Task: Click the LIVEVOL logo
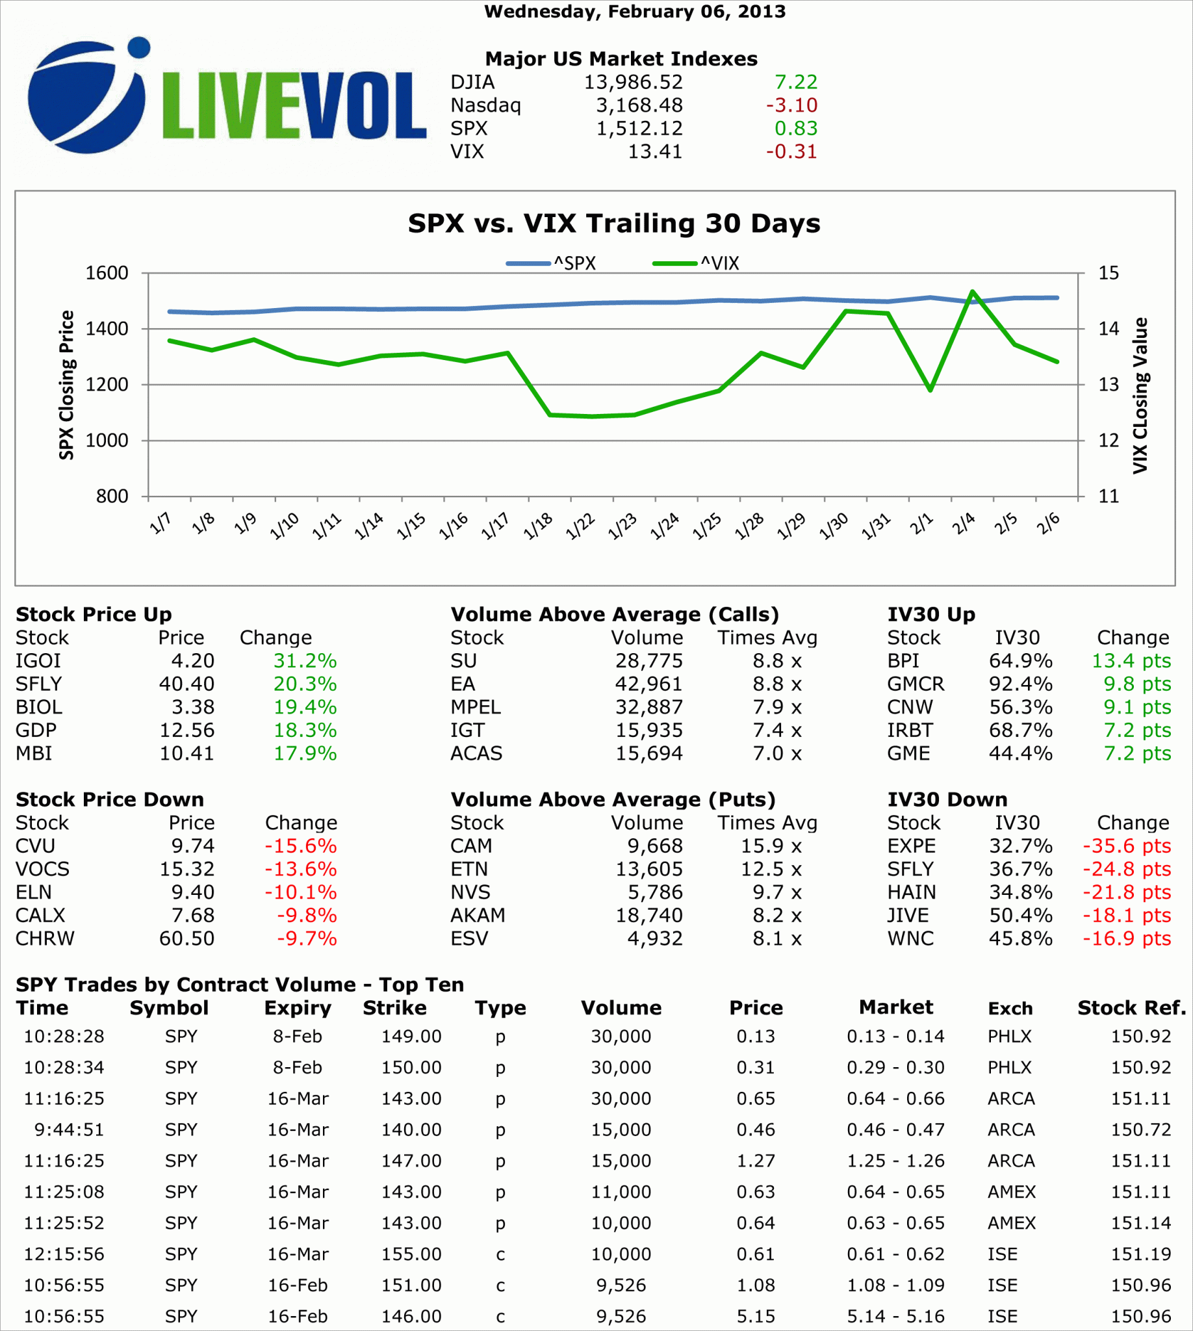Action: click(226, 97)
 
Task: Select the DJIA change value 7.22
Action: click(796, 82)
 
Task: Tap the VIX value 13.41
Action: click(655, 151)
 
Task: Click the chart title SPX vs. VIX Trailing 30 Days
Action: click(613, 224)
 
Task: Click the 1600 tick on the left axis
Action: click(107, 273)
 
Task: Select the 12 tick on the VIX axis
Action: click(1109, 441)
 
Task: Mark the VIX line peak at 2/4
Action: click(972, 292)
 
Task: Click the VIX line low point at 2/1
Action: click(929, 390)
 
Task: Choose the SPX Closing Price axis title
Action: click(66, 385)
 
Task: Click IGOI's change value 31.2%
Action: click(305, 661)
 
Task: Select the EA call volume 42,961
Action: click(648, 684)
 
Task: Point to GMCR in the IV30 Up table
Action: click(915, 684)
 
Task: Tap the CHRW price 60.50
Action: click(187, 938)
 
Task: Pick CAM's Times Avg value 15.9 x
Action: click(771, 846)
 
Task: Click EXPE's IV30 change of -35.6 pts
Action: click(1126, 846)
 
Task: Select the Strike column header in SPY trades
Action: click(394, 1008)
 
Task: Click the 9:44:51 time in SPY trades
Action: click(69, 1130)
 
